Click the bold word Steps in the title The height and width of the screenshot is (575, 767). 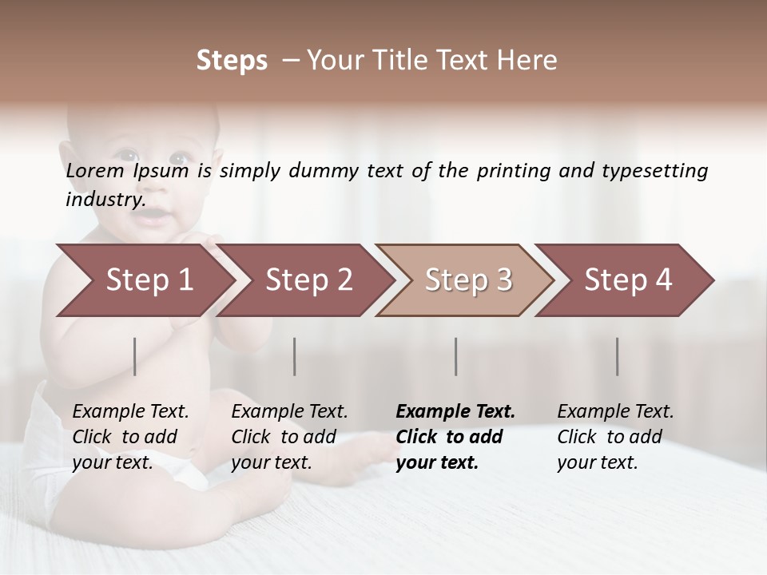point(232,61)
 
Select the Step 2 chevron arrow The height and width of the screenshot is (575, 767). point(308,280)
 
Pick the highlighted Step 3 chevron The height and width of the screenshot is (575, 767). point(467,280)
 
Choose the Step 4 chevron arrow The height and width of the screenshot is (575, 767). point(627,280)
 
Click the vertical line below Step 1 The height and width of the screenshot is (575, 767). point(135,356)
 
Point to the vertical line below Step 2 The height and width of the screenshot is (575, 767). point(295,356)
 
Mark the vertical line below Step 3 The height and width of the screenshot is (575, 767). point(456,356)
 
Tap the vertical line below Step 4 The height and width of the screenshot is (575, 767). point(618,356)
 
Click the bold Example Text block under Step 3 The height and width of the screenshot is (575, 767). point(455,437)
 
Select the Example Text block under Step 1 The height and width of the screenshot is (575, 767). point(131,437)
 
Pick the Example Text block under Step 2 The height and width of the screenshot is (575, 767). point(290,437)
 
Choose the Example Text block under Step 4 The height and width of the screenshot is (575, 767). point(615,437)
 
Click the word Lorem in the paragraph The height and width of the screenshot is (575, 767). point(94,171)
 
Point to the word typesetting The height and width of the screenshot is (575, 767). point(654,172)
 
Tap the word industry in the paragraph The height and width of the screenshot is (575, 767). point(105,200)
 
